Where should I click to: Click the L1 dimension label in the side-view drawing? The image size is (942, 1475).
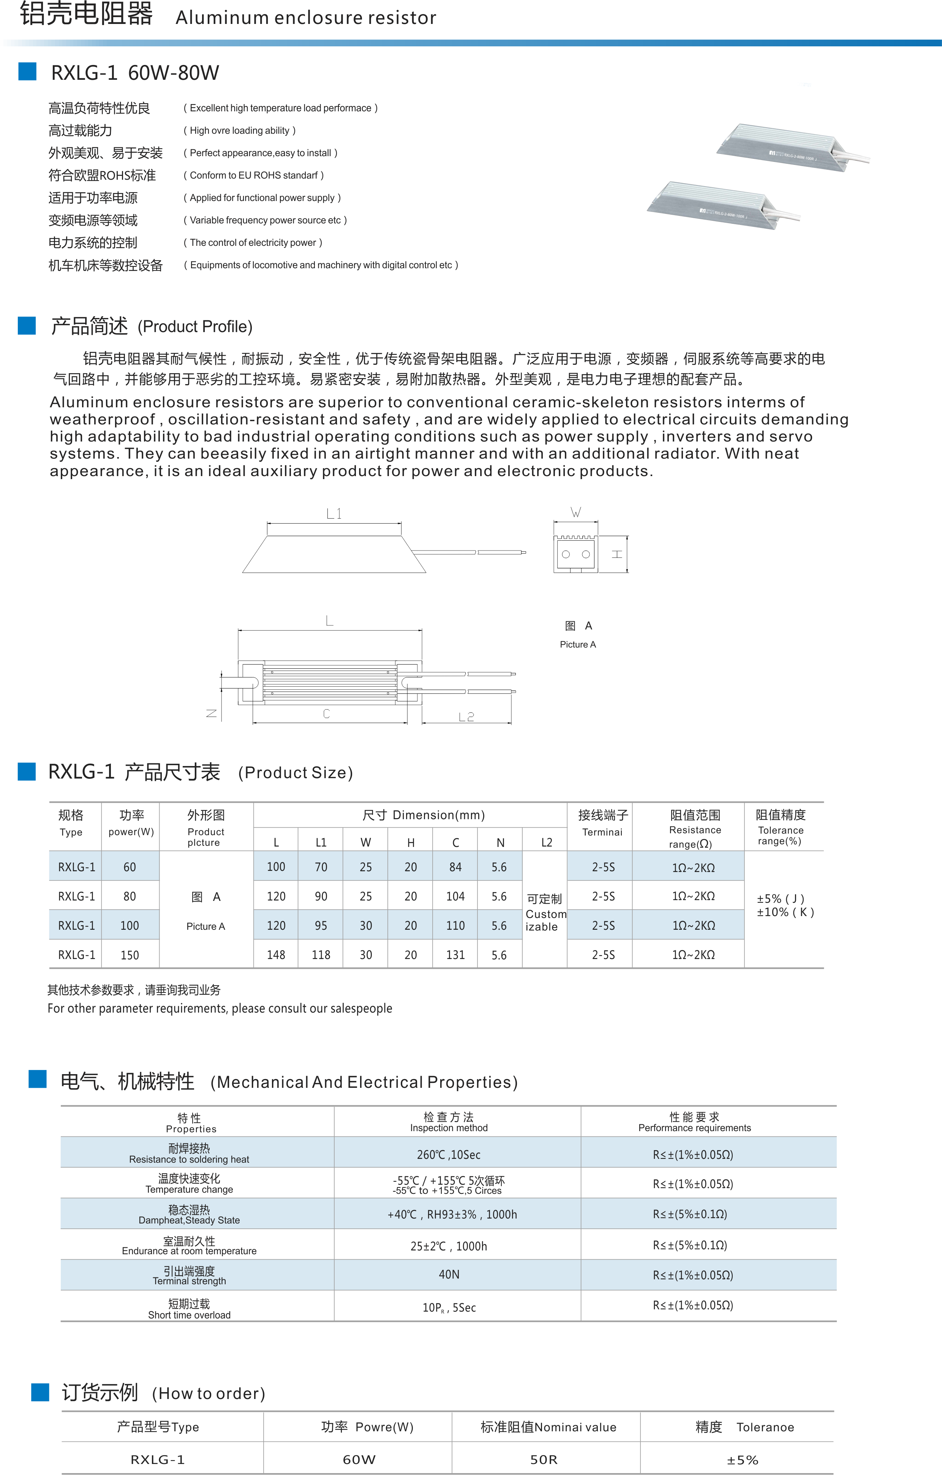pyautogui.click(x=334, y=513)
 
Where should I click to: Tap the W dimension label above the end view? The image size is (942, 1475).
pyautogui.click(x=576, y=512)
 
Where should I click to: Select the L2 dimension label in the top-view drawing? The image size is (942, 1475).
pyautogui.click(x=466, y=717)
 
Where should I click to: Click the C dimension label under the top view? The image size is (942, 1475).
pyautogui.click(x=326, y=714)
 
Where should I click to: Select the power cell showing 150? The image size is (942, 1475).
pyautogui.click(x=130, y=954)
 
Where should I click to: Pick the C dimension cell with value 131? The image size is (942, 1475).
pyautogui.click(x=455, y=954)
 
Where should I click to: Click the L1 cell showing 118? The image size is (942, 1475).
pyautogui.click(x=321, y=954)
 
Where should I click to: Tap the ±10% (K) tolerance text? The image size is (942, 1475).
pyautogui.click(x=785, y=912)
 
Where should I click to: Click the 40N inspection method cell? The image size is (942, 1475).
pyautogui.click(x=449, y=1275)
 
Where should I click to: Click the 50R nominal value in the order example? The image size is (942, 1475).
pyautogui.click(x=544, y=1460)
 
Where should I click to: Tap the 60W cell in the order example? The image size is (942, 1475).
pyautogui.click(x=359, y=1460)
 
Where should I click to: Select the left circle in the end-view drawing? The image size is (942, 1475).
pyautogui.click(x=566, y=554)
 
